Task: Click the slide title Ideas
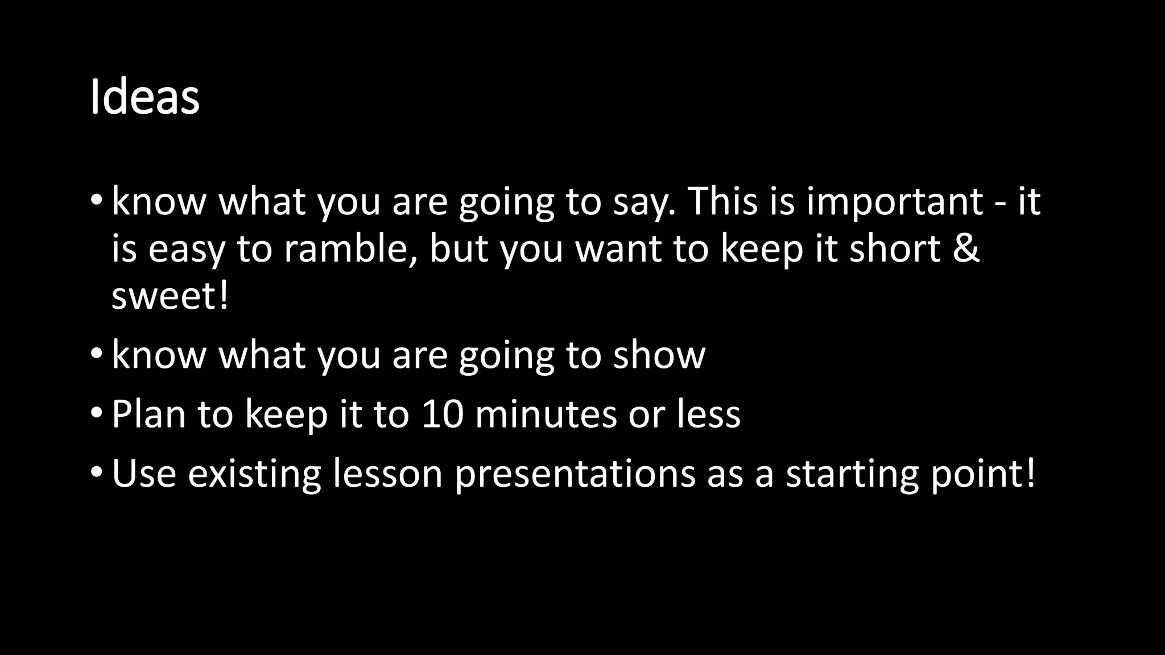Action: click(144, 98)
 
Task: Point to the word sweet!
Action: click(170, 297)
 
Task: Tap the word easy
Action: click(187, 250)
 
